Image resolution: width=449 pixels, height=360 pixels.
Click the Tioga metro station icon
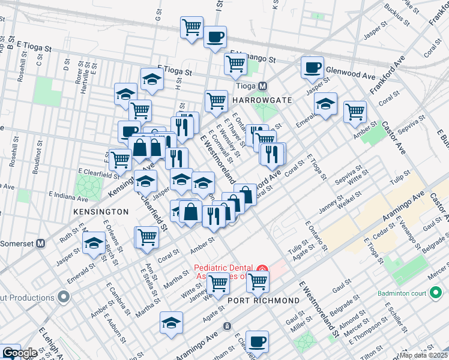pyautogui.click(x=262, y=86)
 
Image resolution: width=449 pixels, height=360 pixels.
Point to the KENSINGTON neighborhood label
pyautogui.click(x=101, y=212)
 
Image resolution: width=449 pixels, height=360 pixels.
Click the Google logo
pyautogui.click(x=20, y=353)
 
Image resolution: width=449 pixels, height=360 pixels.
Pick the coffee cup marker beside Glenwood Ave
pyautogui.click(x=312, y=68)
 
